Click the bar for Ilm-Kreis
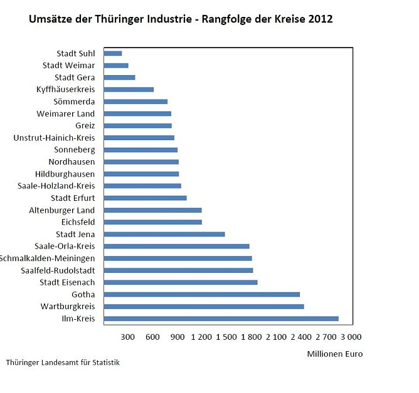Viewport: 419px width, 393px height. (x=221, y=319)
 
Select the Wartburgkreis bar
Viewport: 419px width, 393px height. (x=204, y=307)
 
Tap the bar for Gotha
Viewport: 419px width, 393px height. (x=201, y=294)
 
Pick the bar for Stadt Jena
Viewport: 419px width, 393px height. (x=164, y=234)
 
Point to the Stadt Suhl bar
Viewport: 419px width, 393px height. (x=113, y=54)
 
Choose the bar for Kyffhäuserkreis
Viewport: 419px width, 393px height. (x=129, y=89)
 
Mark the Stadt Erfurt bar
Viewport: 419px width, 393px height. (x=145, y=198)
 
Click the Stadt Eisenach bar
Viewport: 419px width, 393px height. (x=181, y=282)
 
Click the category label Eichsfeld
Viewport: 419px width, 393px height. (x=78, y=222)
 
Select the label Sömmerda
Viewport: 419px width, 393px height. (x=75, y=101)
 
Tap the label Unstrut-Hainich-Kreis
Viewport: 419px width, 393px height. (x=54, y=138)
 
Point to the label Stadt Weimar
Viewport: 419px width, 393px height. (x=69, y=66)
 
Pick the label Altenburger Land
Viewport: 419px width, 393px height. (x=62, y=210)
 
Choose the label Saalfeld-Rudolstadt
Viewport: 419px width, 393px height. (x=58, y=270)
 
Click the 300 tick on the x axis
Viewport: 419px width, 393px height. (x=128, y=337)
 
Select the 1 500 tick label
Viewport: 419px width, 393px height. (x=226, y=337)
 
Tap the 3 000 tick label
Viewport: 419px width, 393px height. (x=349, y=337)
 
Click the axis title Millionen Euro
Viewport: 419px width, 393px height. (x=334, y=354)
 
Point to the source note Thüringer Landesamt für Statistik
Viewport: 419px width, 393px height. (x=63, y=362)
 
